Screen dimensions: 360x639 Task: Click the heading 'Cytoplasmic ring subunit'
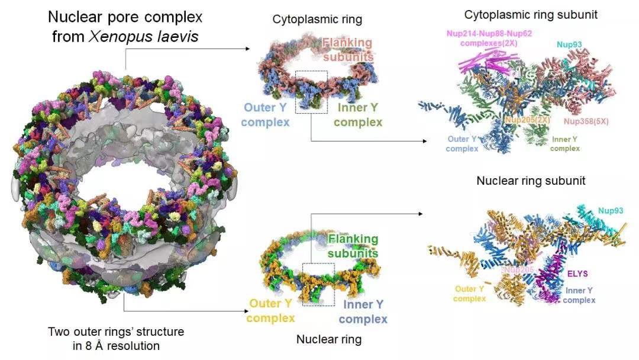(x=530, y=15)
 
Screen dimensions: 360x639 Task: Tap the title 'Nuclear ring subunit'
(x=531, y=180)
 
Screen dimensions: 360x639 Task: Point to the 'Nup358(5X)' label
(x=586, y=121)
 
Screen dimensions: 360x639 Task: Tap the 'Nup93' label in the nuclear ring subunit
(x=610, y=210)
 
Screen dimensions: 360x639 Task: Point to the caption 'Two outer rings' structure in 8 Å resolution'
(x=116, y=339)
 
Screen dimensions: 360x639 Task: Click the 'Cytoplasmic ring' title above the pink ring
(x=317, y=20)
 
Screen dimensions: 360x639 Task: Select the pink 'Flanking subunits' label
(x=348, y=50)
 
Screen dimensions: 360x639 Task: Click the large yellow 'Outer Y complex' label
(x=270, y=311)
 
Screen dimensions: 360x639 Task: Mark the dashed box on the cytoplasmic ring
(x=311, y=92)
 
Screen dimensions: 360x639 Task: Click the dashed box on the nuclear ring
(x=318, y=284)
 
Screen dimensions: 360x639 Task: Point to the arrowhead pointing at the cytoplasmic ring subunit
(x=424, y=141)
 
